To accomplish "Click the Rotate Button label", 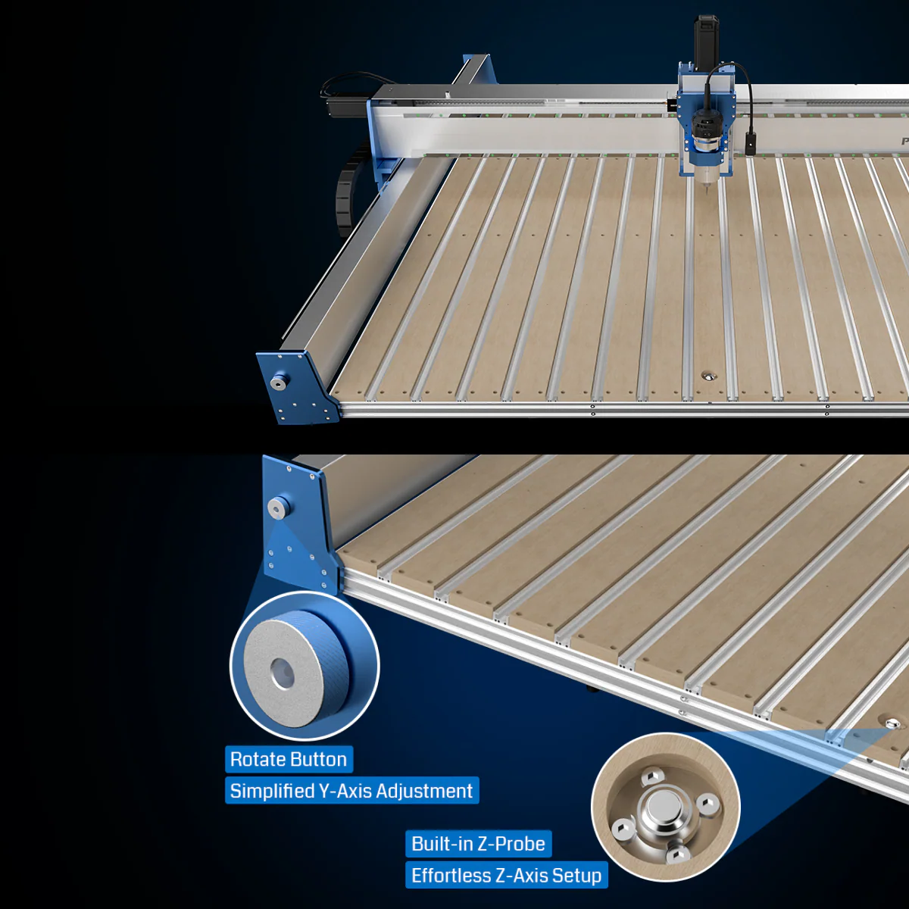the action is click(x=289, y=759).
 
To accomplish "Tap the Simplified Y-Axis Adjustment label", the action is click(x=352, y=791).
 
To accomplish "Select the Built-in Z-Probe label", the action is click(x=478, y=844).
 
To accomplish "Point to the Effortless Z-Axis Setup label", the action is click(x=507, y=876).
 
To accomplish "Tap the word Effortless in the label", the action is click(x=451, y=876).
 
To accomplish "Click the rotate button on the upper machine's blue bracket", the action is click(x=279, y=382).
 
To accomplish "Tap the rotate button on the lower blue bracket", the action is click(x=278, y=508).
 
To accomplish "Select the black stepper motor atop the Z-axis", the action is click(x=707, y=42).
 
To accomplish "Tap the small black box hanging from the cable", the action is click(x=751, y=144).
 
